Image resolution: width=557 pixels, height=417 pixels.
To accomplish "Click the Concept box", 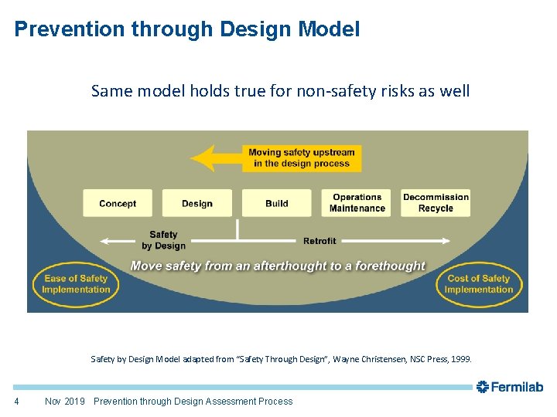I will click(x=118, y=203).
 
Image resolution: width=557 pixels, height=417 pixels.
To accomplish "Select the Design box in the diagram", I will click(x=196, y=203).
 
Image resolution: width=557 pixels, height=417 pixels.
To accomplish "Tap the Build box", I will click(x=276, y=203).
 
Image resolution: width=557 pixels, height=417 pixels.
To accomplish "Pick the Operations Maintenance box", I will click(x=357, y=203).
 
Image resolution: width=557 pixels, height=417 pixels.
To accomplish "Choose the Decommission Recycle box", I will click(x=436, y=203).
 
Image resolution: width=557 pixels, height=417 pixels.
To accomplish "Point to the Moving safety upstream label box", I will click(x=302, y=158).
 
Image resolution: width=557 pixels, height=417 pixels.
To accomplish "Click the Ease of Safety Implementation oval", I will click(x=76, y=284).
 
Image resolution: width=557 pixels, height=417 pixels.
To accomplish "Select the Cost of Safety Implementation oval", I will click(x=479, y=284).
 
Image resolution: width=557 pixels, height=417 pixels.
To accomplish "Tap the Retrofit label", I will click(x=320, y=241).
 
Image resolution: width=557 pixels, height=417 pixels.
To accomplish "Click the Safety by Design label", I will click(x=163, y=240).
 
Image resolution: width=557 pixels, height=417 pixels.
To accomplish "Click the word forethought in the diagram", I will click(x=386, y=266).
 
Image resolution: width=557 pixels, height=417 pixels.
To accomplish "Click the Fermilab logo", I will click(x=510, y=386).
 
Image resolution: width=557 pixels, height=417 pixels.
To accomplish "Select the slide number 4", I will click(x=17, y=401).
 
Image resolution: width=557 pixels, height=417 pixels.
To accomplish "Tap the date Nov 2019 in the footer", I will click(x=64, y=401).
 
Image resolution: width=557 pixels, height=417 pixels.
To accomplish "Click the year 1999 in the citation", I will click(x=460, y=359).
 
